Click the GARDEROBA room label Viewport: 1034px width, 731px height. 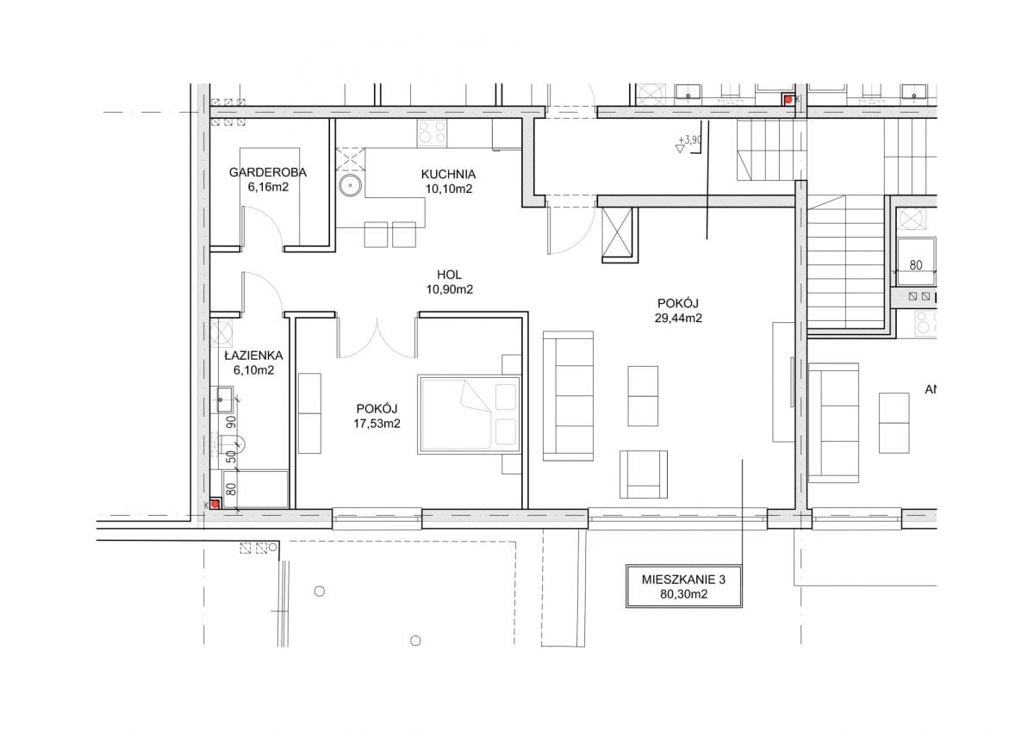(268, 172)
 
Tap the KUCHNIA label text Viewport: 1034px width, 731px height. (448, 174)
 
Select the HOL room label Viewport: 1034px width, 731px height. (449, 275)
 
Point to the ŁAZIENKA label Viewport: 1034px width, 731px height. (253, 355)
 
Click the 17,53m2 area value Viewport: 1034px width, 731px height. (377, 424)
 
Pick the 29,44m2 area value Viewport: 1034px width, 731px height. (678, 319)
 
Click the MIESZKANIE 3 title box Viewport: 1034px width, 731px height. (683, 586)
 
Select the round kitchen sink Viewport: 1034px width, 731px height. (351, 186)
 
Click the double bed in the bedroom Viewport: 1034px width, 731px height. (469, 414)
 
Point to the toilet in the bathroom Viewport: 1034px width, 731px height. (232, 444)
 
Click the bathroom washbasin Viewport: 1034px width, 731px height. (225, 400)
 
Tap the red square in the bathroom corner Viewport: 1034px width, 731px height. (215, 504)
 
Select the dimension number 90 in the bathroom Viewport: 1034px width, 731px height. (232, 422)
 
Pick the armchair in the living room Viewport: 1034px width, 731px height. (644, 474)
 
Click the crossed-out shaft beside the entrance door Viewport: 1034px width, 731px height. (617, 231)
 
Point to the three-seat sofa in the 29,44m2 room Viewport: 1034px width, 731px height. (568, 396)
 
